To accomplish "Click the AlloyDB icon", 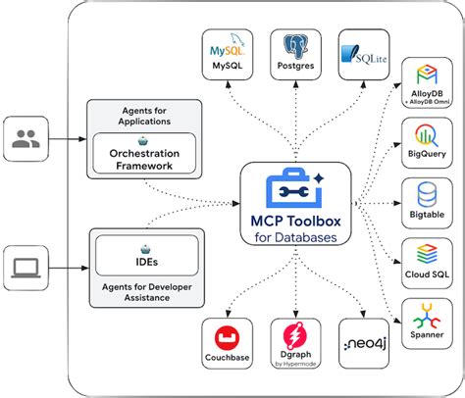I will (x=429, y=76).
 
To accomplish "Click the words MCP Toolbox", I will (x=291, y=221).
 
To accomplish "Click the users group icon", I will (x=25, y=139).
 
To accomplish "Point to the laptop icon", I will (x=25, y=266).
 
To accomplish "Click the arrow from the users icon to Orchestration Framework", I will (x=66, y=139).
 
